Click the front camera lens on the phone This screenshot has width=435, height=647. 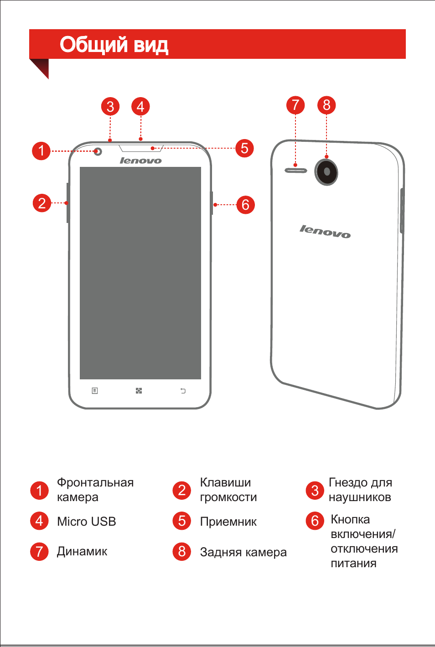point(98,151)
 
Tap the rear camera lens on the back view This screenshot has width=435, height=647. point(326,172)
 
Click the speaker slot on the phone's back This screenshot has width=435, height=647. point(296,171)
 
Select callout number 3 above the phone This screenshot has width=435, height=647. point(110,107)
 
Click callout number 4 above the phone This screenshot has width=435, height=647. point(140,107)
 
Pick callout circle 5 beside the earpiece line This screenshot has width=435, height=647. point(245,149)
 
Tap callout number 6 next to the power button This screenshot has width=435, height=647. point(245,205)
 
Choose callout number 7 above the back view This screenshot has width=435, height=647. point(295,105)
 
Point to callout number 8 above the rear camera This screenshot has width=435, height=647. point(326,105)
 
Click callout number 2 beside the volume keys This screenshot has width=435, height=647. point(42,203)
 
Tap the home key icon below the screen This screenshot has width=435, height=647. point(139,391)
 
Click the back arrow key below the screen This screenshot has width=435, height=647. point(183,391)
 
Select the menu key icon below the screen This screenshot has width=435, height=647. point(95,391)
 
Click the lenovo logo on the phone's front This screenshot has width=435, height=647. point(140,160)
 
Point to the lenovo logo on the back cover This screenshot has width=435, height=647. point(325,232)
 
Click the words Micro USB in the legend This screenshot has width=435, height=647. point(86,521)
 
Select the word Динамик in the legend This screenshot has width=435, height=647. point(82,551)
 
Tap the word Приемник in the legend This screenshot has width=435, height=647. point(228,522)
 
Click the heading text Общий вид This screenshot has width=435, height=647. point(114,45)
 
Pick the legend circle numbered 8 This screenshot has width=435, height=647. point(181,551)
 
